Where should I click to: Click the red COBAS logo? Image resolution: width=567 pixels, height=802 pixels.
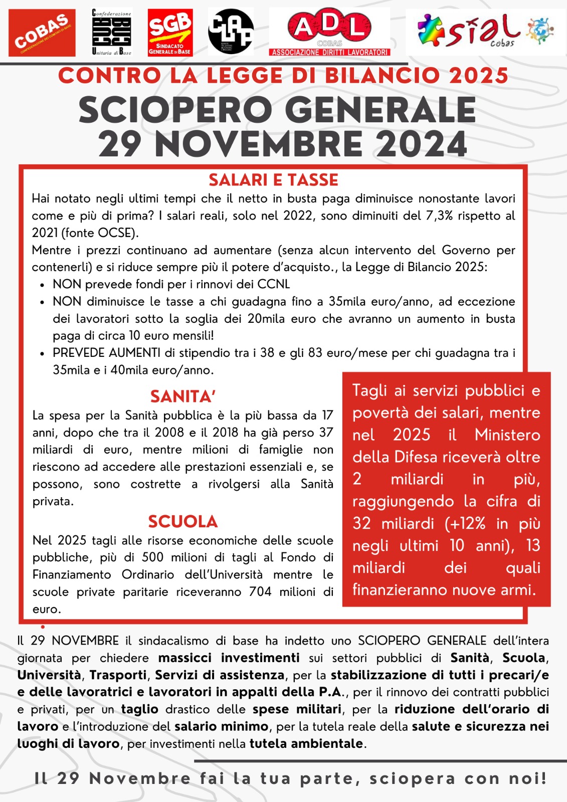point(42,33)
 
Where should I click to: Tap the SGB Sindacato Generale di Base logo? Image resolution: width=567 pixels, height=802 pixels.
point(170,33)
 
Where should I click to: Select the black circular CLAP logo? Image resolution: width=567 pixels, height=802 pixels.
point(231,32)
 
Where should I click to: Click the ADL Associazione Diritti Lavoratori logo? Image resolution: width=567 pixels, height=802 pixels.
point(329,32)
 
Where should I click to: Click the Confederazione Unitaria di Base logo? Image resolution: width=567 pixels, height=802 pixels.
point(111,32)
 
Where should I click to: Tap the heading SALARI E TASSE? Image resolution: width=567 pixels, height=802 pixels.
point(274,180)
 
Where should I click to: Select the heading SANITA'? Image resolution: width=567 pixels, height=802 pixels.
point(183,396)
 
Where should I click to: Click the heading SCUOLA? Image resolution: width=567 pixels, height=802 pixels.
point(183,521)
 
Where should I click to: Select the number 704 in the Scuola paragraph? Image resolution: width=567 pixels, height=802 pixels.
point(260,591)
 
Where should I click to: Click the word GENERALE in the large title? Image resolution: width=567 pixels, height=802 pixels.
point(383,110)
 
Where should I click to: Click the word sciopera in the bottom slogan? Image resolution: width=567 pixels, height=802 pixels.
point(413,778)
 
